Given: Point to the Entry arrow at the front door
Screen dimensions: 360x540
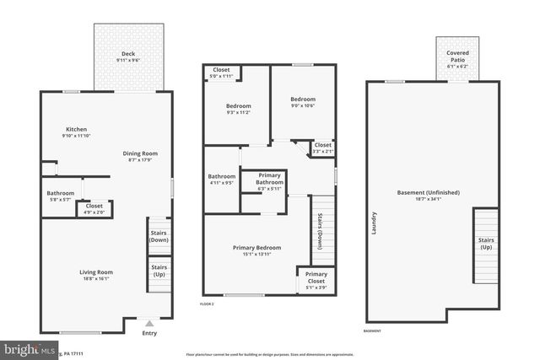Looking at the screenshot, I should pos(149,323).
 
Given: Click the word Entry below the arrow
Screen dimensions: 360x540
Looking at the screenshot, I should pos(149,333).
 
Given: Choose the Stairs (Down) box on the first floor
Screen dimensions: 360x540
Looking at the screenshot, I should pos(159,237).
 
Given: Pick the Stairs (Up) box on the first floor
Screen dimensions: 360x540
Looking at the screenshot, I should pos(159,271).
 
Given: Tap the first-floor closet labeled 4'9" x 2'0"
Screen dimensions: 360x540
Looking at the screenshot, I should pos(94,208).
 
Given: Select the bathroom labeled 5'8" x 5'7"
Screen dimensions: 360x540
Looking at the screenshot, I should pos(60,196).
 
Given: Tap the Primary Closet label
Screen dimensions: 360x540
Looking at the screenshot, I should pos(316,278).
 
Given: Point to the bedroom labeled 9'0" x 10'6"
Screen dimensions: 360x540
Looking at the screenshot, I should pos(303,101).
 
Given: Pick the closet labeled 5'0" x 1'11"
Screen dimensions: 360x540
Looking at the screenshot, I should pos(221,73).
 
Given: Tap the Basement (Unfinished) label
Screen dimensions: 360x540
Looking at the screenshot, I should pos(429,196).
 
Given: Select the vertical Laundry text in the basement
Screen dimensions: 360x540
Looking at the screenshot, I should pos(374,223).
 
